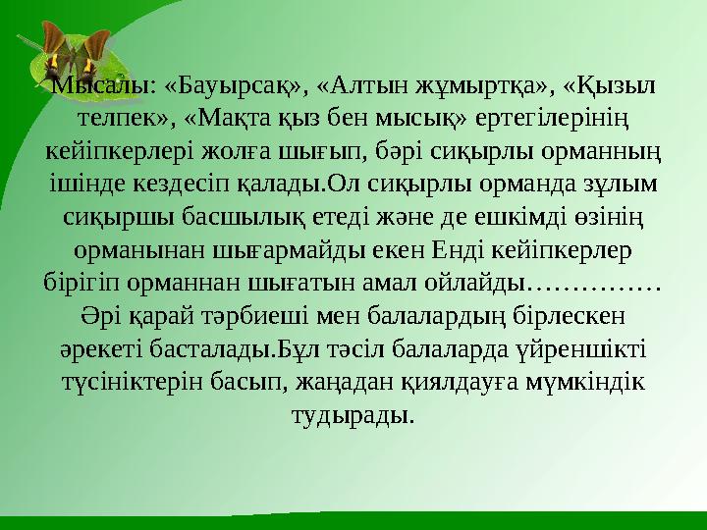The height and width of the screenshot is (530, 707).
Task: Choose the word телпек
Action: [x=122, y=119]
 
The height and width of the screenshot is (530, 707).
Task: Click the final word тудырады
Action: [x=353, y=416]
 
